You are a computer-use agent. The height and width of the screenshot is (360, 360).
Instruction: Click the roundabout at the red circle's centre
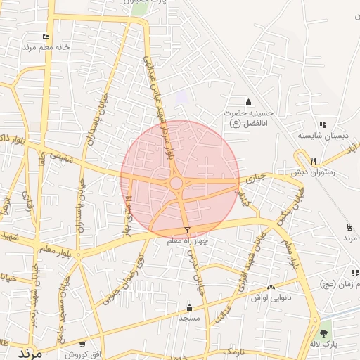click(176, 183)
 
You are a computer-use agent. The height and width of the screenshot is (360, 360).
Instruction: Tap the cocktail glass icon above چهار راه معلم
click(187, 231)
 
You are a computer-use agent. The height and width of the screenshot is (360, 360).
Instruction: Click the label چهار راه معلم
click(188, 241)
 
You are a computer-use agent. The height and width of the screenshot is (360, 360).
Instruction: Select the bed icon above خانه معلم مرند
click(46, 37)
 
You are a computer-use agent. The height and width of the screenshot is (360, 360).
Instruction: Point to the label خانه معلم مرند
click(47, 47)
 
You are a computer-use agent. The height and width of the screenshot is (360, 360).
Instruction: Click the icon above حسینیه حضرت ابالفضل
click(248, 103)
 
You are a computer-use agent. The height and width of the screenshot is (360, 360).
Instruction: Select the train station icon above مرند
click(349, 226)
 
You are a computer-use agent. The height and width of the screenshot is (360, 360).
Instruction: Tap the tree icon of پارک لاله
click(323, 334)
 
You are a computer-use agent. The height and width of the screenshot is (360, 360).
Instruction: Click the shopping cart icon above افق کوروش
click(82, 344)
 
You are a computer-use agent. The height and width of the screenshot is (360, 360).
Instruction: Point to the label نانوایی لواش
click(271, 297)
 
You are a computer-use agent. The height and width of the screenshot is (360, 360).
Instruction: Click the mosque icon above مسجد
click(188, 308)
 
